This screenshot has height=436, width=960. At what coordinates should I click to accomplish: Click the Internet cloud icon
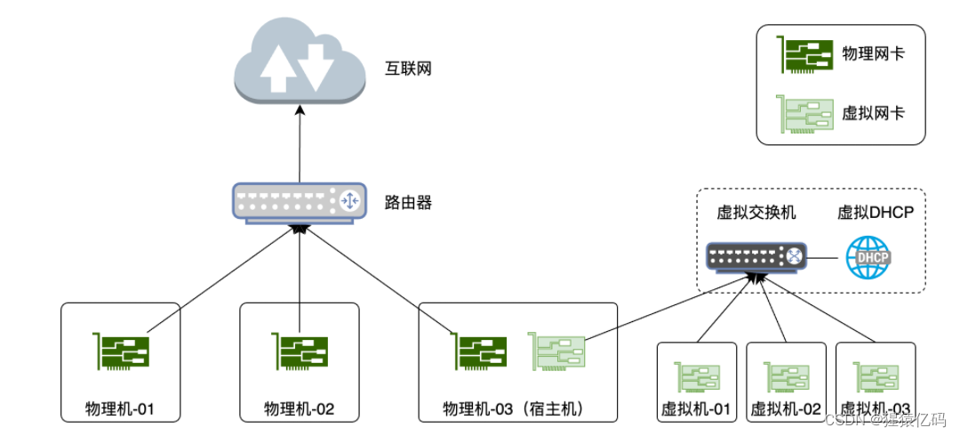click(299, 63)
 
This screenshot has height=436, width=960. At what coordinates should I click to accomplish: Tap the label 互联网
click(408, 68)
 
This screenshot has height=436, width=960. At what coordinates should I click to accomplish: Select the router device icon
click(299, 202)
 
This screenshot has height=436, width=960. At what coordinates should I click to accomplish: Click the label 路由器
click(408, 202)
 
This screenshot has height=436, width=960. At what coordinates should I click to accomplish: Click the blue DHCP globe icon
click(868, 257)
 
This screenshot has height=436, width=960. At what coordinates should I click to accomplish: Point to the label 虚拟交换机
click(756, 214)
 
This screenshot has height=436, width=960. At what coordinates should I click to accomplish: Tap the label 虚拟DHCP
click(876, 214)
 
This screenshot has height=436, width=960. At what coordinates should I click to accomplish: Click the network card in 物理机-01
click(121, 351)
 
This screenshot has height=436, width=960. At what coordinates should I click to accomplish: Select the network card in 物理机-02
click(300, 351)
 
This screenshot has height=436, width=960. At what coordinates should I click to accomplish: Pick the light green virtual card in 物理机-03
click(556, 351)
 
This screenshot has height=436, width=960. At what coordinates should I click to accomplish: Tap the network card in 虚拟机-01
click(696, 376)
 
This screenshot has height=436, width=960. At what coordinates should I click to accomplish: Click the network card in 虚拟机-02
click(786, 376)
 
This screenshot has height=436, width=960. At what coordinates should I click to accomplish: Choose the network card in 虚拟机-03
click(876, 376)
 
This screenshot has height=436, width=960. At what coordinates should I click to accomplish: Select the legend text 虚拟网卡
click(873, 113)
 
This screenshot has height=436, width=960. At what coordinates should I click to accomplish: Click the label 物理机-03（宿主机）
click(517, 409)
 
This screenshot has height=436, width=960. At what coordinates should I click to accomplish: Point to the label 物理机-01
click(121, 409)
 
